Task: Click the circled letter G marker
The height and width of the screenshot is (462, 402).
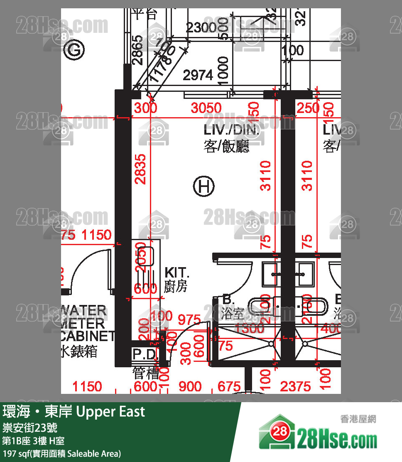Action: point(75,50)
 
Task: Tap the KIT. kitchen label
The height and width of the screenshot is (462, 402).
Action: point(177,273)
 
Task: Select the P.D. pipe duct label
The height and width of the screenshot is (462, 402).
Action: point(145,354)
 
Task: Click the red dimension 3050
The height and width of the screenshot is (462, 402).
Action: point(206,108)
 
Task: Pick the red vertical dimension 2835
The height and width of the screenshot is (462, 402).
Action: point(141,169)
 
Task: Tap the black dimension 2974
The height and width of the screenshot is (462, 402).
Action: point(198,75)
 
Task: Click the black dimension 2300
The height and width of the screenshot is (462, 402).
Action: point(201,28)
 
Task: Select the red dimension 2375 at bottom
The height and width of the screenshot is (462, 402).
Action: point(295,387)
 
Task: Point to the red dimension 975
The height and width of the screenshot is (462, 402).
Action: point(189,320)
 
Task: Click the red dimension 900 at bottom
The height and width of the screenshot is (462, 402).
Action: point(190,387)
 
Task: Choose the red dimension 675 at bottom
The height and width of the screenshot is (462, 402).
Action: point(229,387)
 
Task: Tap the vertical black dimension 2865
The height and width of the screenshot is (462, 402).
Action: point(137,50)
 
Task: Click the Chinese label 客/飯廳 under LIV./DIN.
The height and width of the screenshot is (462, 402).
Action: point(227,147)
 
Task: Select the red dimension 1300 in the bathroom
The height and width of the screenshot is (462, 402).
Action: point(249,329)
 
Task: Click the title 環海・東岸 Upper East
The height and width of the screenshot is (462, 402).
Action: point(74,412)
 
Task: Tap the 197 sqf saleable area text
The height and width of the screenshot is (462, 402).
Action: point(62,453)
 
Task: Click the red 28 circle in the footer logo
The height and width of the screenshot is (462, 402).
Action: point(281,432)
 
